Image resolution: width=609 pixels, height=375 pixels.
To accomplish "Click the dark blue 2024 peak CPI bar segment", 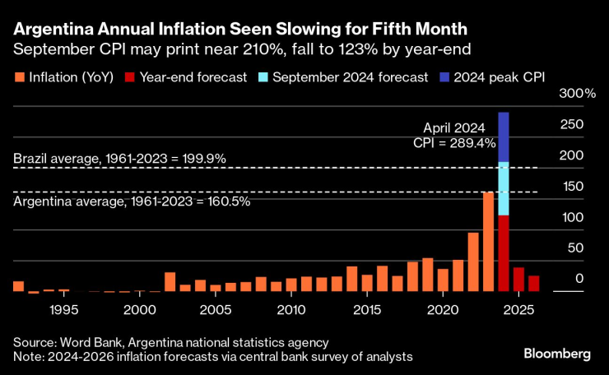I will coord(504,137).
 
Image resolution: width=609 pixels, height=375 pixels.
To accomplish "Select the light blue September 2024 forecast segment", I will coord(504,188).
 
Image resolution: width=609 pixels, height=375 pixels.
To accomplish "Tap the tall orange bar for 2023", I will coord(488,242).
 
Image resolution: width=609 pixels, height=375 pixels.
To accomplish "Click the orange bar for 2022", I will coord(473,262).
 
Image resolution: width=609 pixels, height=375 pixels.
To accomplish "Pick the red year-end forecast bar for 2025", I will coord(518,280).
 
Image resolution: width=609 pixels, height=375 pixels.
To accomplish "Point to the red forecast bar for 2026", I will coord(534,284).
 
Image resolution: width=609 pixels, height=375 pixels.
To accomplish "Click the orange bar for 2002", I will coord(170,282).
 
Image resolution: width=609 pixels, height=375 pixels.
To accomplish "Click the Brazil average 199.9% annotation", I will coord(119,158).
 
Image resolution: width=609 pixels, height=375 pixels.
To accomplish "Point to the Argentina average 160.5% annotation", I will coord(132,201).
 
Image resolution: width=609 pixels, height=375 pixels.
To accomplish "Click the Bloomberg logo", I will coord(557,354).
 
